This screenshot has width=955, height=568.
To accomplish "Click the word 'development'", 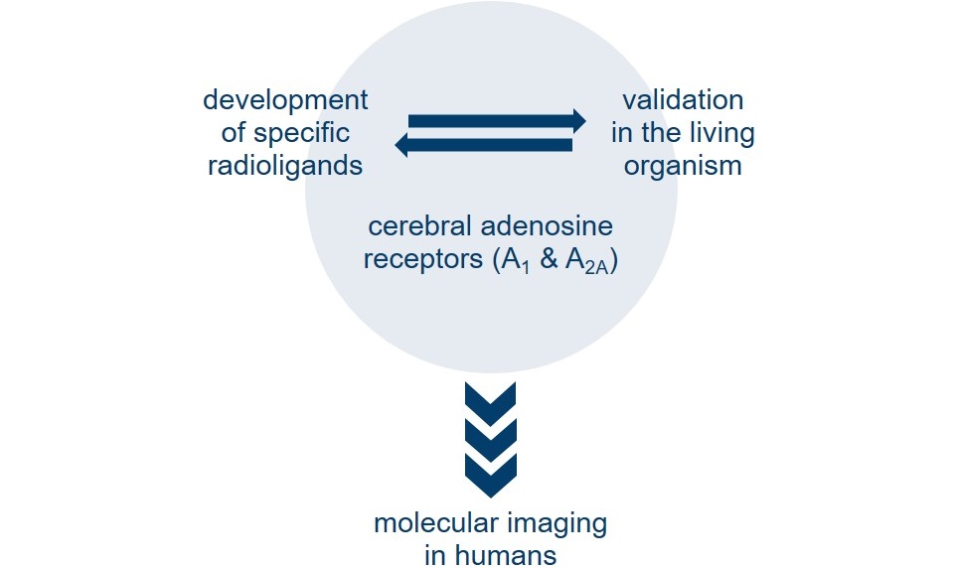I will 285,100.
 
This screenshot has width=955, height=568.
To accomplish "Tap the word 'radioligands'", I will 285,165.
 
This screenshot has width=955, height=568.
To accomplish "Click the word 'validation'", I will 683,100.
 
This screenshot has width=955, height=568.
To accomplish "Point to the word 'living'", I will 718,133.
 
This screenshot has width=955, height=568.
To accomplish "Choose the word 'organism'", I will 683,165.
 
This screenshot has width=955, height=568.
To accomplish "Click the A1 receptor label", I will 514,262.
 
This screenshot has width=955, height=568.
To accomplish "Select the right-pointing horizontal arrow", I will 496,120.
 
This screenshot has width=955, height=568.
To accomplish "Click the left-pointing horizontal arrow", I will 484,145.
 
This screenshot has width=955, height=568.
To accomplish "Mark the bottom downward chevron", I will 490,473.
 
